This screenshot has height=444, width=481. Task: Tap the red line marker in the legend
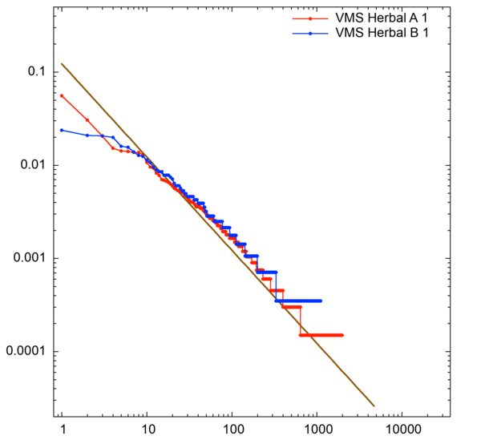pyautogui.click(x=309, y=18)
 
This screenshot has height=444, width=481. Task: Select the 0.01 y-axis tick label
pyautogui.click(x=32, y=165)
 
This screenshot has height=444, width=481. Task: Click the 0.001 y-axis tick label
pyautogui.click(x=29, y=258)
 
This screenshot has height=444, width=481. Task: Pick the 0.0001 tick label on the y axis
pyautogui.click(x=26, y=351)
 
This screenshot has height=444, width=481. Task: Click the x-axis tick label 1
pyautogui.click(x=62, y=429)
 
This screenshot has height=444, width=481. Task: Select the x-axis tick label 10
pyautogui.click(x=147, y=429)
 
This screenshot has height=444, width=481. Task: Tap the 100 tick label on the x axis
pyautogui.click(x=232, y=429)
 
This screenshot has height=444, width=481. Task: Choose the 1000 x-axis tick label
pyautogui.click(x=317, y=429)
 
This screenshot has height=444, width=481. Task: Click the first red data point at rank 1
pyautogui.click(x=62, y=95)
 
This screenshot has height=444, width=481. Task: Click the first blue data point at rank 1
pyautogui.click(x=62, y=130)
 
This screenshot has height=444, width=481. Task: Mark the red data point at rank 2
pyautogui.click(x=87, y=120)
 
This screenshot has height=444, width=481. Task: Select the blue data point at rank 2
pyautogui.click(x=87, y=135)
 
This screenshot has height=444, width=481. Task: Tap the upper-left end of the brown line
pyautogui.click(x=62, y=64)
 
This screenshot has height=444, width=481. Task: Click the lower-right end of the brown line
pyautogui.click(x=374, y=406)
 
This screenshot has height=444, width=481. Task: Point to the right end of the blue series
pyautogui.click(x=321, y=301)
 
